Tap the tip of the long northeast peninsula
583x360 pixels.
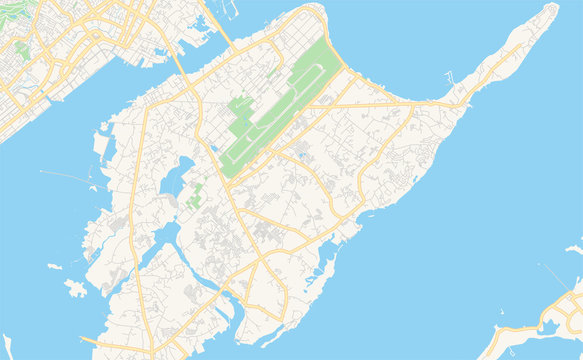(x=552, y=9)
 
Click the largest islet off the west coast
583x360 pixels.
(x=75, y=289)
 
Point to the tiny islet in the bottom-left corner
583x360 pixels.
(x=8, y=345)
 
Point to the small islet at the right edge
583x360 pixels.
(x=574, y=247)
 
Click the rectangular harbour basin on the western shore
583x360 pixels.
(x=102, y=145)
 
